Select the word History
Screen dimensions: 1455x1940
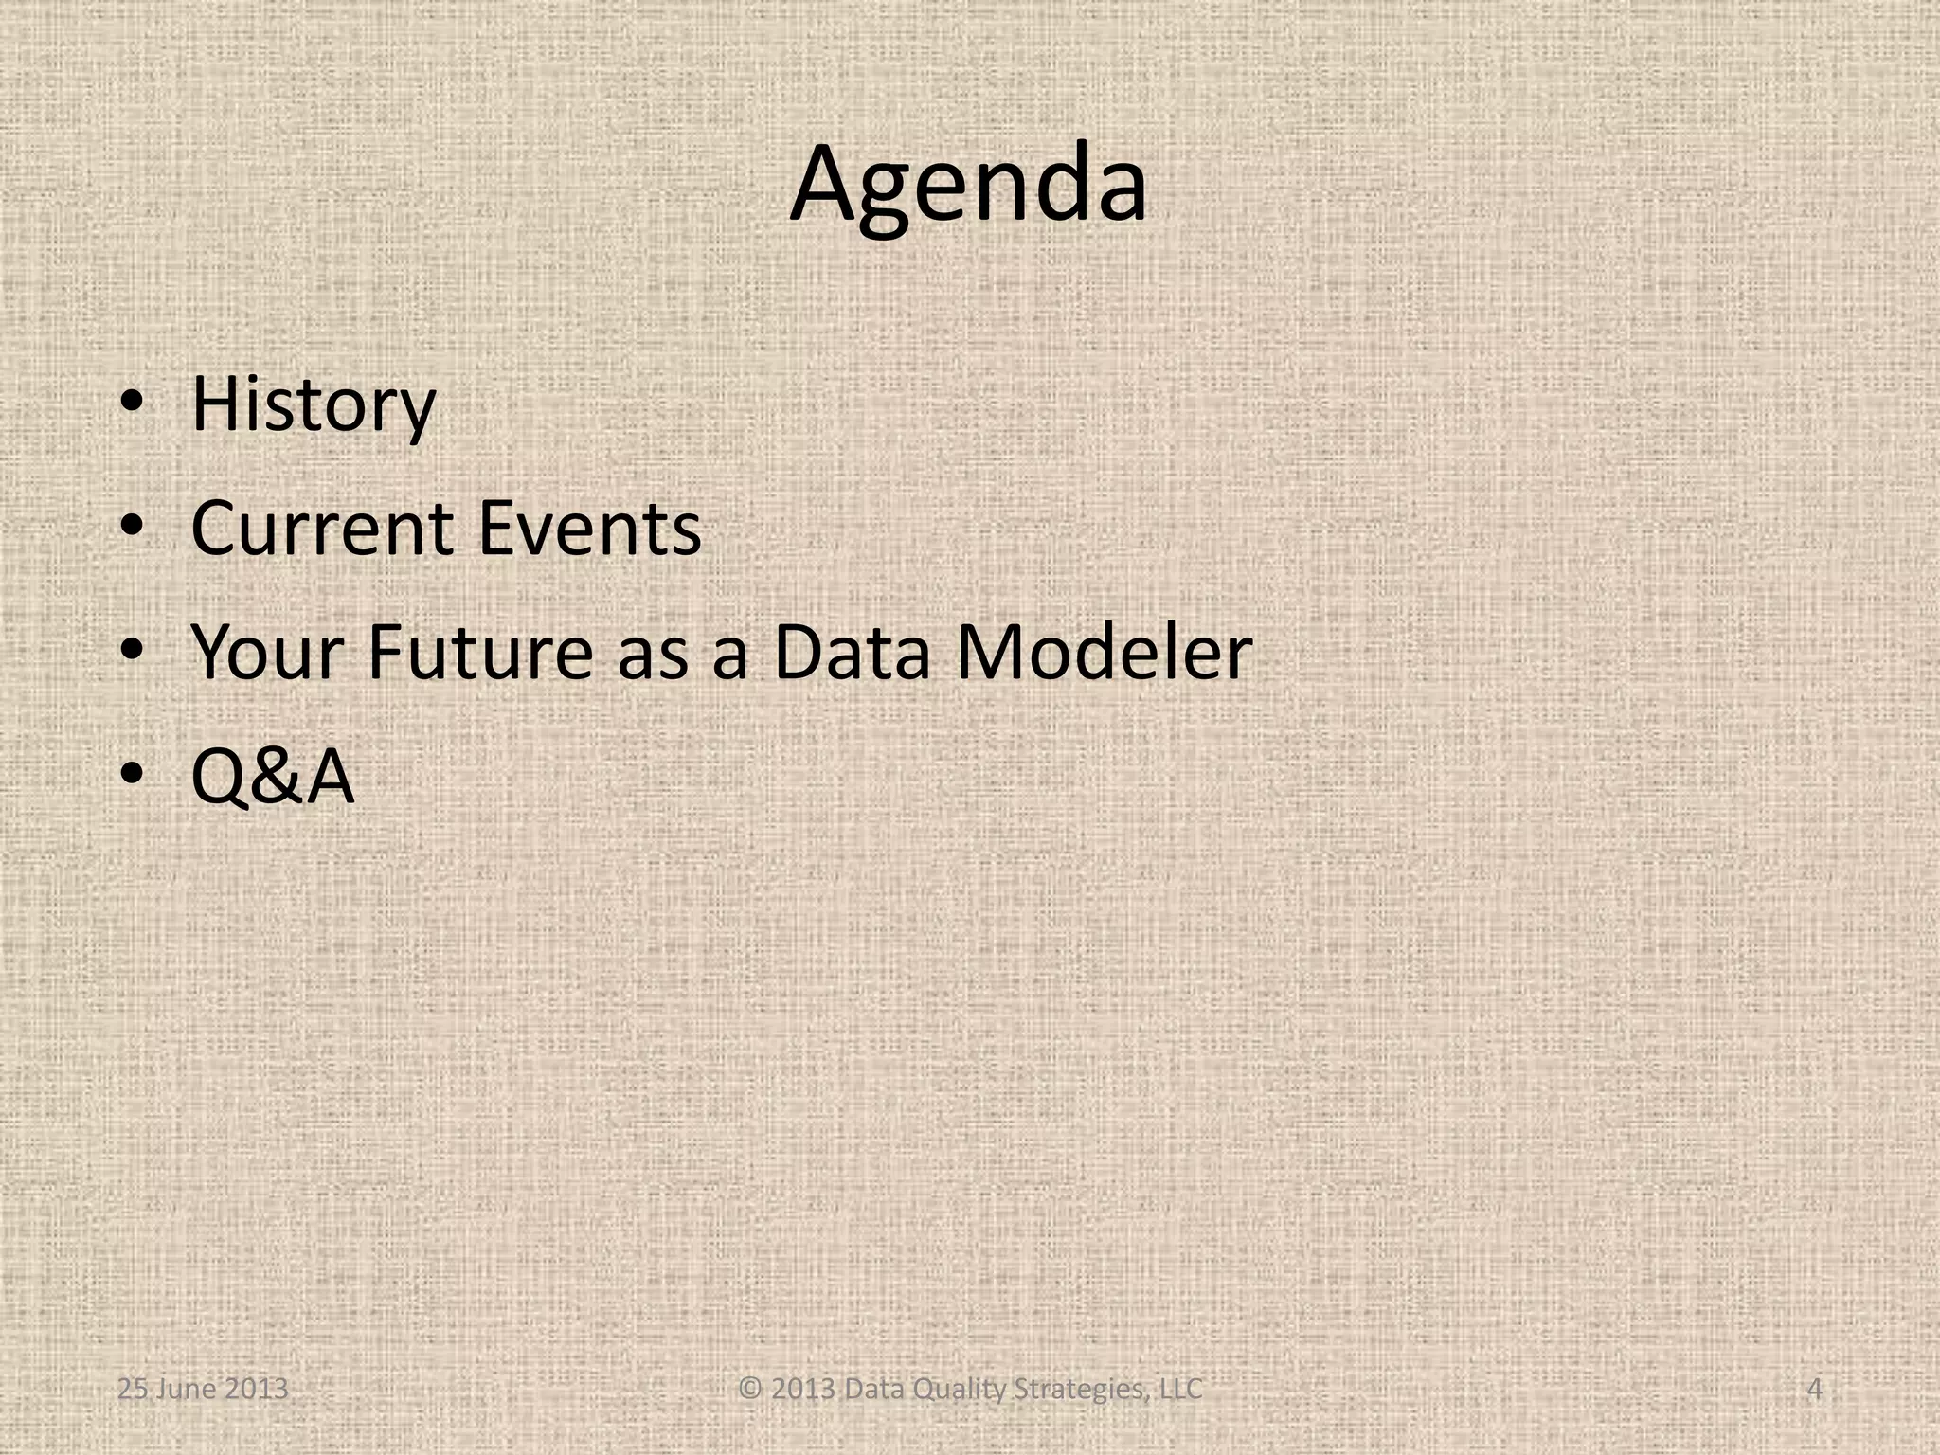(x=313, y=404)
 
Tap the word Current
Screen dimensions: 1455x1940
(x=322, y=528)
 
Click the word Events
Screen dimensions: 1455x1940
(x=589, y=528)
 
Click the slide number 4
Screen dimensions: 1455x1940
(x=1814, y=1390)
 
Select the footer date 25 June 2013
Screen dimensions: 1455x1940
(x=203, y=1390)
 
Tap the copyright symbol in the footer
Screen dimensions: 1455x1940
(x=750, y=1390)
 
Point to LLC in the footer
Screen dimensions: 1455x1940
(x=1181, y=1390)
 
